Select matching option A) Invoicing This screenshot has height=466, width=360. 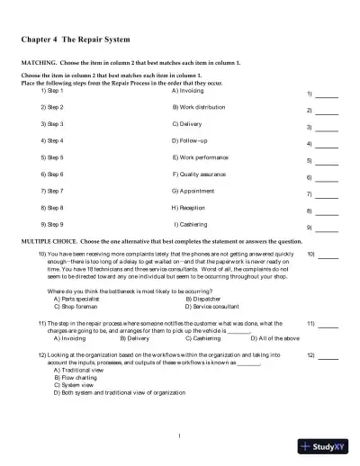click(x=188, y=90)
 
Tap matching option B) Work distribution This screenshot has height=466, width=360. click(x=199, y=107)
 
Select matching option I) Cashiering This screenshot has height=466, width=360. click(x=191, y=224)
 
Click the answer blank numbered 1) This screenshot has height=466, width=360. click(x=328, y=94)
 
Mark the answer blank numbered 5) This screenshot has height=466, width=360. click(x=328, y=161)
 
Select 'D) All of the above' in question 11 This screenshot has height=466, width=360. click(x=244, y=338)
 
